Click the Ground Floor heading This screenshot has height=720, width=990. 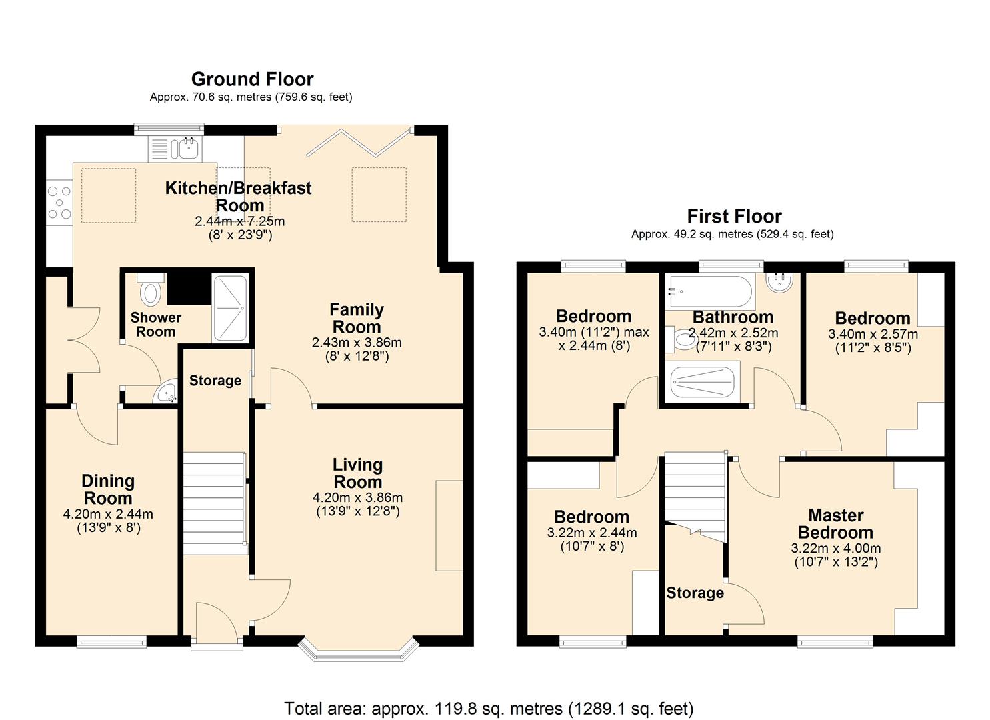[252, 79]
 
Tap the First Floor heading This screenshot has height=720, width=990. [734, 216]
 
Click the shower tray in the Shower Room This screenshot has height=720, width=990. [229, 308]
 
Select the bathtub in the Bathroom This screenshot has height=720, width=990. [710, 291]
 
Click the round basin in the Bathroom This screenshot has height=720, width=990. [779, 283]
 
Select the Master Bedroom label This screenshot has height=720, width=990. [835, 524]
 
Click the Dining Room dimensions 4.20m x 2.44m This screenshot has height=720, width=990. [108, 514]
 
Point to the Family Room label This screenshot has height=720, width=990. [357, 318]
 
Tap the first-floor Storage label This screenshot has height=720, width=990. [695, 593]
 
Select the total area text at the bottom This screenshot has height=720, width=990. [489, 708]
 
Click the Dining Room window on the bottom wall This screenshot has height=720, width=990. [111, 642]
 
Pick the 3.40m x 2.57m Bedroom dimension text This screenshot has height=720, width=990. [873, 334]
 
